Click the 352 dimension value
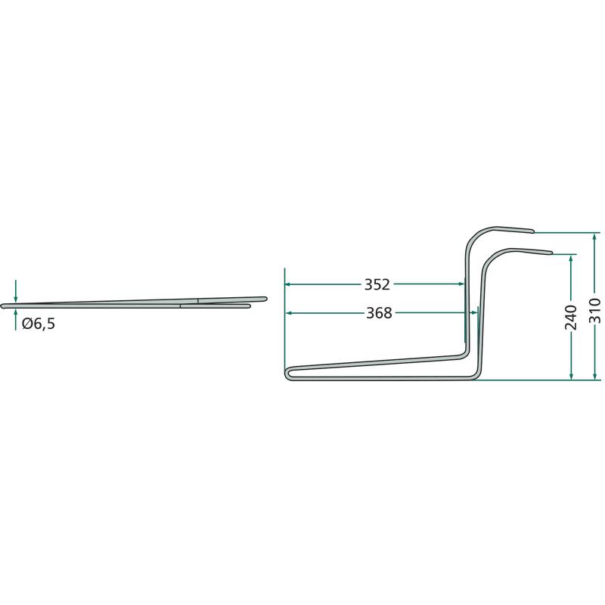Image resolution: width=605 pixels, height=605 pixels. [x=377, y=284]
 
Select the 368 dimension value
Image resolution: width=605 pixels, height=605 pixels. [x=379, y=313]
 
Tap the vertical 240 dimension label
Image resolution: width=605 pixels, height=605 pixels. [x=571, y=317]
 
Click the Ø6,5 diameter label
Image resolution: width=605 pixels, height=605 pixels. [x=39, y=324]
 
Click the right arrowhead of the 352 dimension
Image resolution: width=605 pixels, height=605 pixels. [x=461, y=284]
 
